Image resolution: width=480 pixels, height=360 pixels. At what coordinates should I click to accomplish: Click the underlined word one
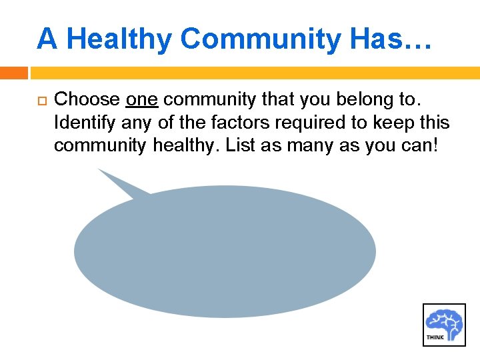[141, 100]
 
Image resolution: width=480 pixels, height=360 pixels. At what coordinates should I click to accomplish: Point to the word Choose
[87, 100]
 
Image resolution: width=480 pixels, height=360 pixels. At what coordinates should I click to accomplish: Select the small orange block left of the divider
[13, 73]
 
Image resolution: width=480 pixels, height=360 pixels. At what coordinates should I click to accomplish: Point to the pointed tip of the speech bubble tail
[99, 169]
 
